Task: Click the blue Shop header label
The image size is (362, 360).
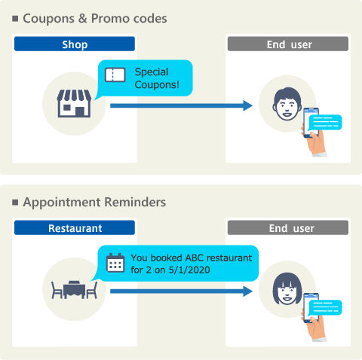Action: pos(75,44)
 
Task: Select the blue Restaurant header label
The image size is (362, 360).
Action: pos(75,227)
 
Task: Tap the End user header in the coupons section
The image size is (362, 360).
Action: pos(288,44)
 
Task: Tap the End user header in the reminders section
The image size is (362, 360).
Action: pos(288,227)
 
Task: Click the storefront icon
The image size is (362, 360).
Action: pos(74,103)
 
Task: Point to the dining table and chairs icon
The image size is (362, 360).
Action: pos(74,290)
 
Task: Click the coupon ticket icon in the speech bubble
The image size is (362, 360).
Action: pos(115,75)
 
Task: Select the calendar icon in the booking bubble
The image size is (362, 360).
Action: pos(115,263)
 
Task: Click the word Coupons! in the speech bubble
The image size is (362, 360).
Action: pos(157,84)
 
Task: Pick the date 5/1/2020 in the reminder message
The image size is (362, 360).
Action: pos(189,270)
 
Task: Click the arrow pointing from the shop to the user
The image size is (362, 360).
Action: pos(181,105)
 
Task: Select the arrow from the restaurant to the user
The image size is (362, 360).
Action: pos(181,291)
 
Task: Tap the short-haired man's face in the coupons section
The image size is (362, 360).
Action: pos(287,104)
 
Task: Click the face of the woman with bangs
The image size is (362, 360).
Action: pos(287,289)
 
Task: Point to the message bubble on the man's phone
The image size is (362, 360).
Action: pos(325,122)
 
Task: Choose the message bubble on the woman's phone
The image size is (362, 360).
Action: pos(325,307)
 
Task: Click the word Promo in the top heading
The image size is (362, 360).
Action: pos(110,18)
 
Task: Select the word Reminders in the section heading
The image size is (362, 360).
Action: pos(135,202)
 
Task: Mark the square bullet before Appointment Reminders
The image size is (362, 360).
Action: pos(15,202)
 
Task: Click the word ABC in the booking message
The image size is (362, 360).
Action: pos(195,258)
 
